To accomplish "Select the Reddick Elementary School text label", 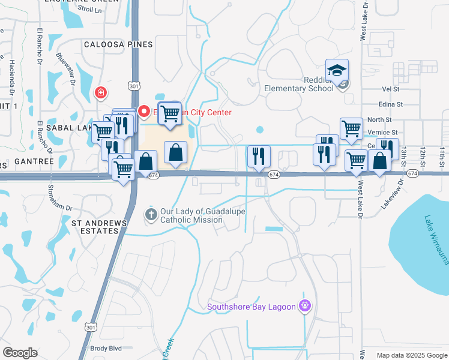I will (x=299, y=84).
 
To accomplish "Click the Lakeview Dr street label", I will (x=390, y=192).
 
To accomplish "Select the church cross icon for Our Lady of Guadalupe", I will (x=151, y=214).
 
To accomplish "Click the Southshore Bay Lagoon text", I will (x=252, y=307).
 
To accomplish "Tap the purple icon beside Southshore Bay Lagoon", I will (x=306, y=307).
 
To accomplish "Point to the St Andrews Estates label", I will (x=95, y=227).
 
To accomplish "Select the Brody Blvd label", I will (x=106, y=348).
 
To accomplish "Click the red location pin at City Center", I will (x=143, y=111).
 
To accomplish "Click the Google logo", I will (x=20, y=353).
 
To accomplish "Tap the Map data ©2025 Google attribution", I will (x=412, y=355).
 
